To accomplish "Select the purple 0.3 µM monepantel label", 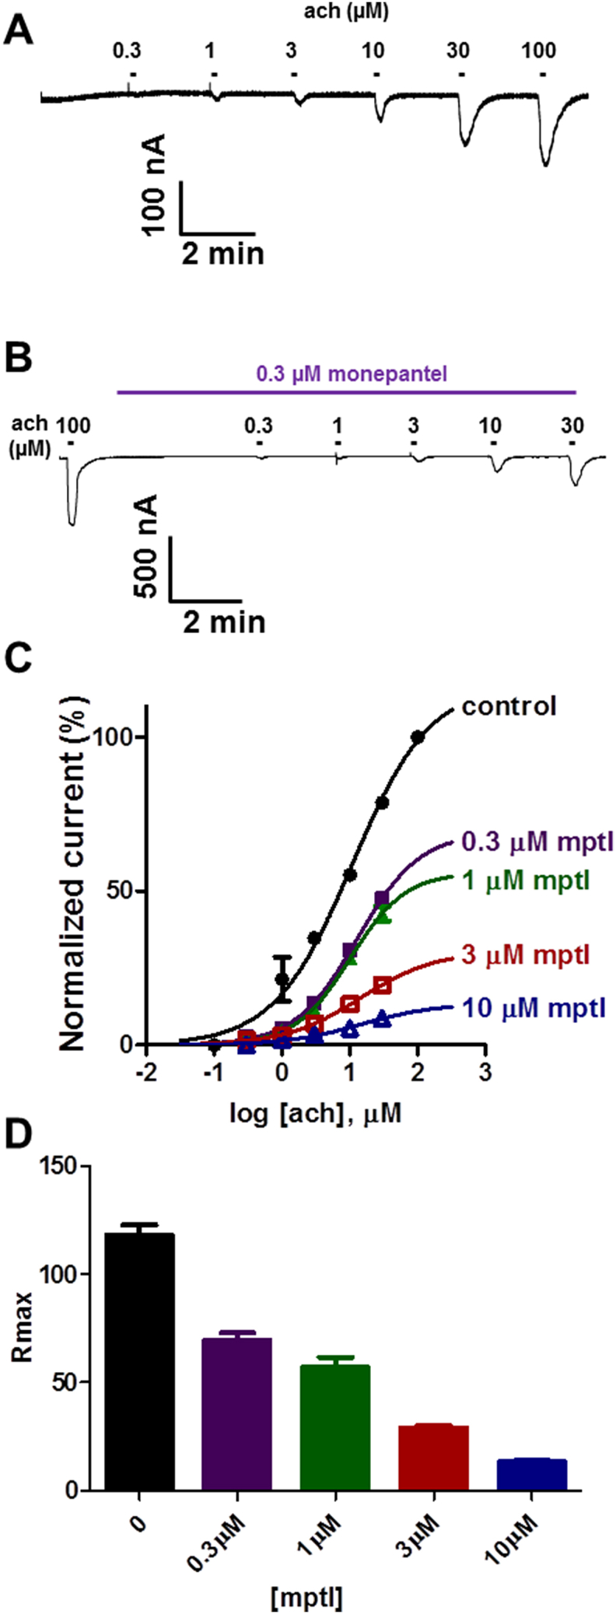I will coord(352,374).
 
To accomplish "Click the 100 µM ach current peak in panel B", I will coord(72,523).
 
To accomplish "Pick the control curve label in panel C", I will coord(509,706).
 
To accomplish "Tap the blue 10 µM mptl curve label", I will coord(534,1009).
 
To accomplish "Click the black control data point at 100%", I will coord(418,737).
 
